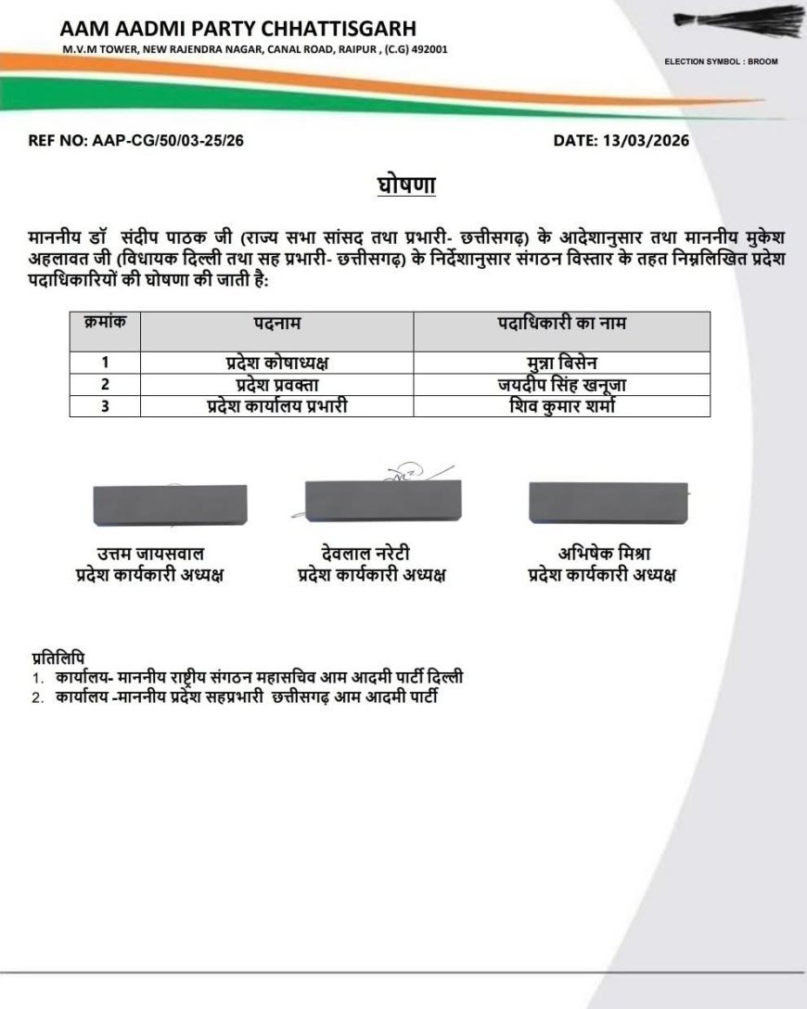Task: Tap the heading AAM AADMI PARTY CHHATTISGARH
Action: pyautogui.click(x=238, y=28)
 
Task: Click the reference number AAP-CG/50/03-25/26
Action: pyautogui.click(x=136, y=141)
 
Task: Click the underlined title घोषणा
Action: pyautogui.click(x=406, y=185)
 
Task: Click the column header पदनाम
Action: pyautogui.click(x=277, y=324)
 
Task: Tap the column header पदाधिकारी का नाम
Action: pyautogui.click(x=562, y=324)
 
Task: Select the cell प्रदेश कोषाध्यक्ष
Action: pyautogui.click(x=277, y=363)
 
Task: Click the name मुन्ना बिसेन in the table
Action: pyautogui.click(x=562, y=363)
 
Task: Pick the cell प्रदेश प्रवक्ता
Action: pyautogui.click(x=277, y=384)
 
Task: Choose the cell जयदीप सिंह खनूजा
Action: pyautogui.click(x=562, y=384)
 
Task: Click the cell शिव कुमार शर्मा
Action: pyautogui.click(x=562, y=405)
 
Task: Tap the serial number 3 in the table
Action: pyautogui.click(x=105, y=405)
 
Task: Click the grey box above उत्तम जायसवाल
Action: pyautogui.click(x=170, y=505)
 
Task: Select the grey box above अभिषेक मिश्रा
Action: pyautogui.click(x=608, y=502)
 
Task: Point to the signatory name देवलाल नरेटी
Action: pyautogui.click(x=371, y=554)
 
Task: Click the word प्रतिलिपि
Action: pyautogui.click(x=63, y=658)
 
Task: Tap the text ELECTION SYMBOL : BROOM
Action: pyautogui.click(x=721, y=61)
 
